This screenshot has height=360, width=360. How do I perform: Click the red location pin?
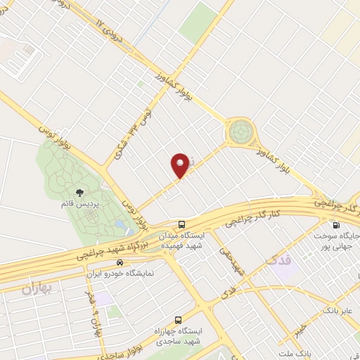coord(180,165)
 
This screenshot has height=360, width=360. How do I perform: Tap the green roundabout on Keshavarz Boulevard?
coord(240,131)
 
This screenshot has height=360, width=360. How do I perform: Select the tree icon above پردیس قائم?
coord(80,191)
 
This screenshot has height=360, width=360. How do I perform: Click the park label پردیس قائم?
coord(90,204)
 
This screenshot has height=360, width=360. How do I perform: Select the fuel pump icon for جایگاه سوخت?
coord(336,226)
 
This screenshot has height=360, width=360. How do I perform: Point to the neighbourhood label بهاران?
coord(36,288)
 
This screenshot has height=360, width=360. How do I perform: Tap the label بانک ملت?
coord(292,352)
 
